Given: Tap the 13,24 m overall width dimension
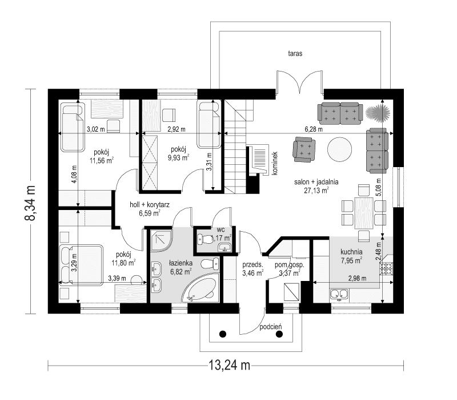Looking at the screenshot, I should point(226,365).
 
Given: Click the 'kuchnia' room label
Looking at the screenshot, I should point(352,251).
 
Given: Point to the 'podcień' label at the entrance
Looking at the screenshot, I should point(270,327).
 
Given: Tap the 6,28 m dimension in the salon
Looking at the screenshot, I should point(314,130).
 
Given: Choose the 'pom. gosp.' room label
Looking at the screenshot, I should point(290,265).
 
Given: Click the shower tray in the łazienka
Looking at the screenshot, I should point(163,240).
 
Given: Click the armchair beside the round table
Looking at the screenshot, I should point(303,150).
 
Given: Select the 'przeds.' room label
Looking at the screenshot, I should point(252,265).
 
